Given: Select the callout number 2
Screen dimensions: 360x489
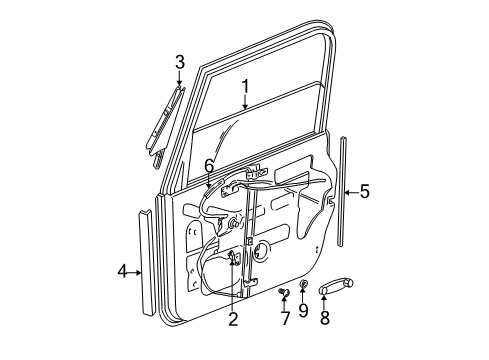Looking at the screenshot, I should coord(233,320).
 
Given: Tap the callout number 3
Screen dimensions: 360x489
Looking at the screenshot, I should coord(180,63).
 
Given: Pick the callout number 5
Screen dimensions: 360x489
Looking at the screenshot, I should coord(364,191).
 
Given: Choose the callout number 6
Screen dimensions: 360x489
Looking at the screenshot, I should coord(209,164).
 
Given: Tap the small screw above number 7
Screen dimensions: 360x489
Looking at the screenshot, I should coord(284,294).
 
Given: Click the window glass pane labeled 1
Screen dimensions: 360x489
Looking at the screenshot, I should coord(260,125).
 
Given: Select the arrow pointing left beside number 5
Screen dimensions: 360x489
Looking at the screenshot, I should coord(349,191).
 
